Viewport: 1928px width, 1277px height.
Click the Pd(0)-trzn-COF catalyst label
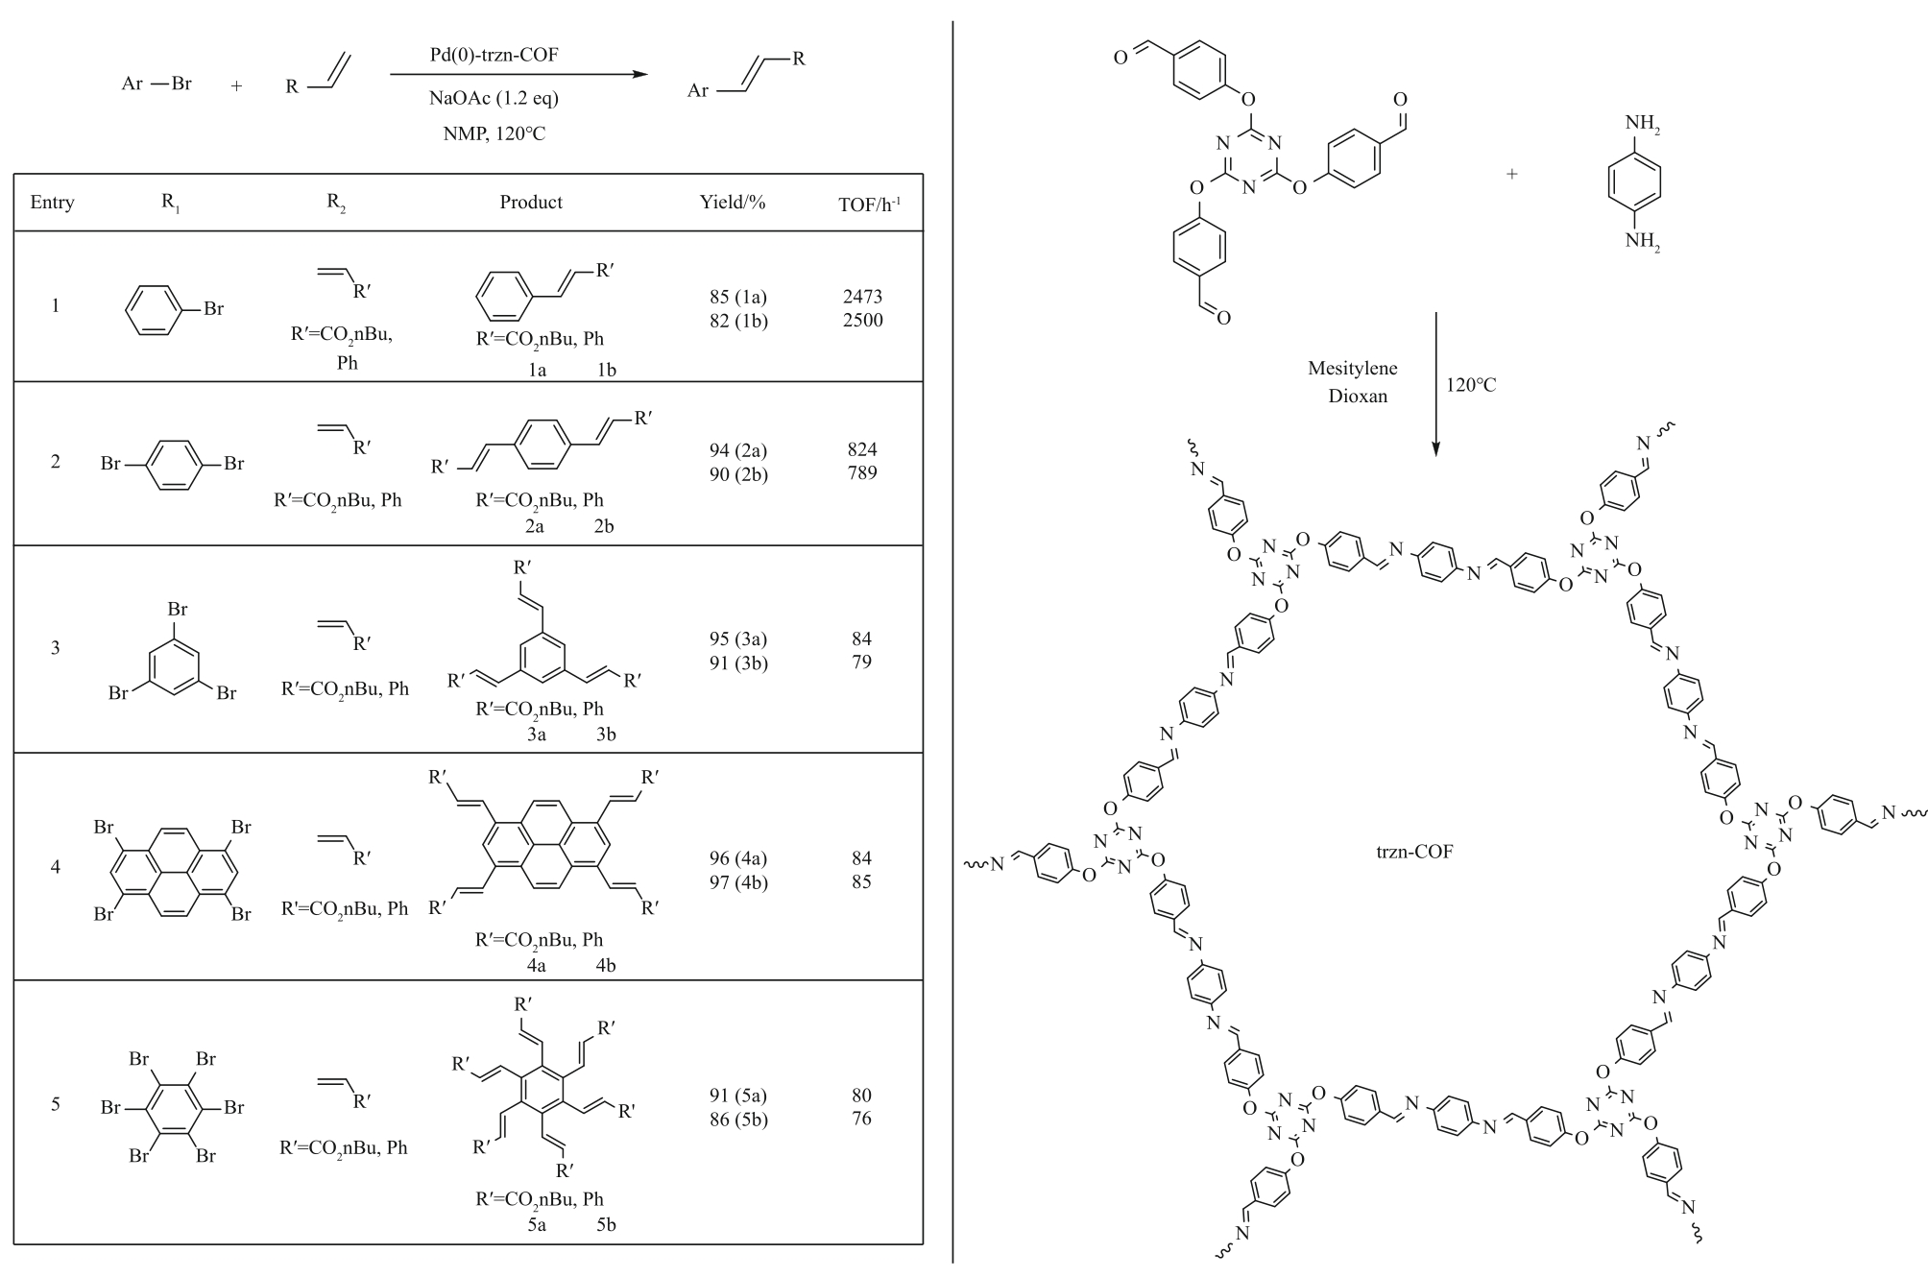[494, 55]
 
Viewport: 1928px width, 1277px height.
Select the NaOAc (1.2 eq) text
[494, 98]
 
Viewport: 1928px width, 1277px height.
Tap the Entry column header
[52, 203]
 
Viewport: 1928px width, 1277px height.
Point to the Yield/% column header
[733, 203]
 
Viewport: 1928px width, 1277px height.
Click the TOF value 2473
[862, 297]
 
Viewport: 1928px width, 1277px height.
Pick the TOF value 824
[862, 449]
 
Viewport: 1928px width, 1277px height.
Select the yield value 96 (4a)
[738, 858]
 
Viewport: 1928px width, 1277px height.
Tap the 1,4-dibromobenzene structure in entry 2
[173, 464]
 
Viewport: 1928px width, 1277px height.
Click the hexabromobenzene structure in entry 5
[173, 1107]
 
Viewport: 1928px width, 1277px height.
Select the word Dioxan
[1358, 396]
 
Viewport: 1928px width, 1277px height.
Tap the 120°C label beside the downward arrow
[1471, 385]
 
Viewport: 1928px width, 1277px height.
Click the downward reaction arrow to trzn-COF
[1435, 383]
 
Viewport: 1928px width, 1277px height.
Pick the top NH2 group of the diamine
[1642, 125]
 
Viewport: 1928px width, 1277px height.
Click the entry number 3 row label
[55, 648]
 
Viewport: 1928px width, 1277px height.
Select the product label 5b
[606, 1224]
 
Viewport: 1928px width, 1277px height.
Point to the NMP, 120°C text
[494, 134]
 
